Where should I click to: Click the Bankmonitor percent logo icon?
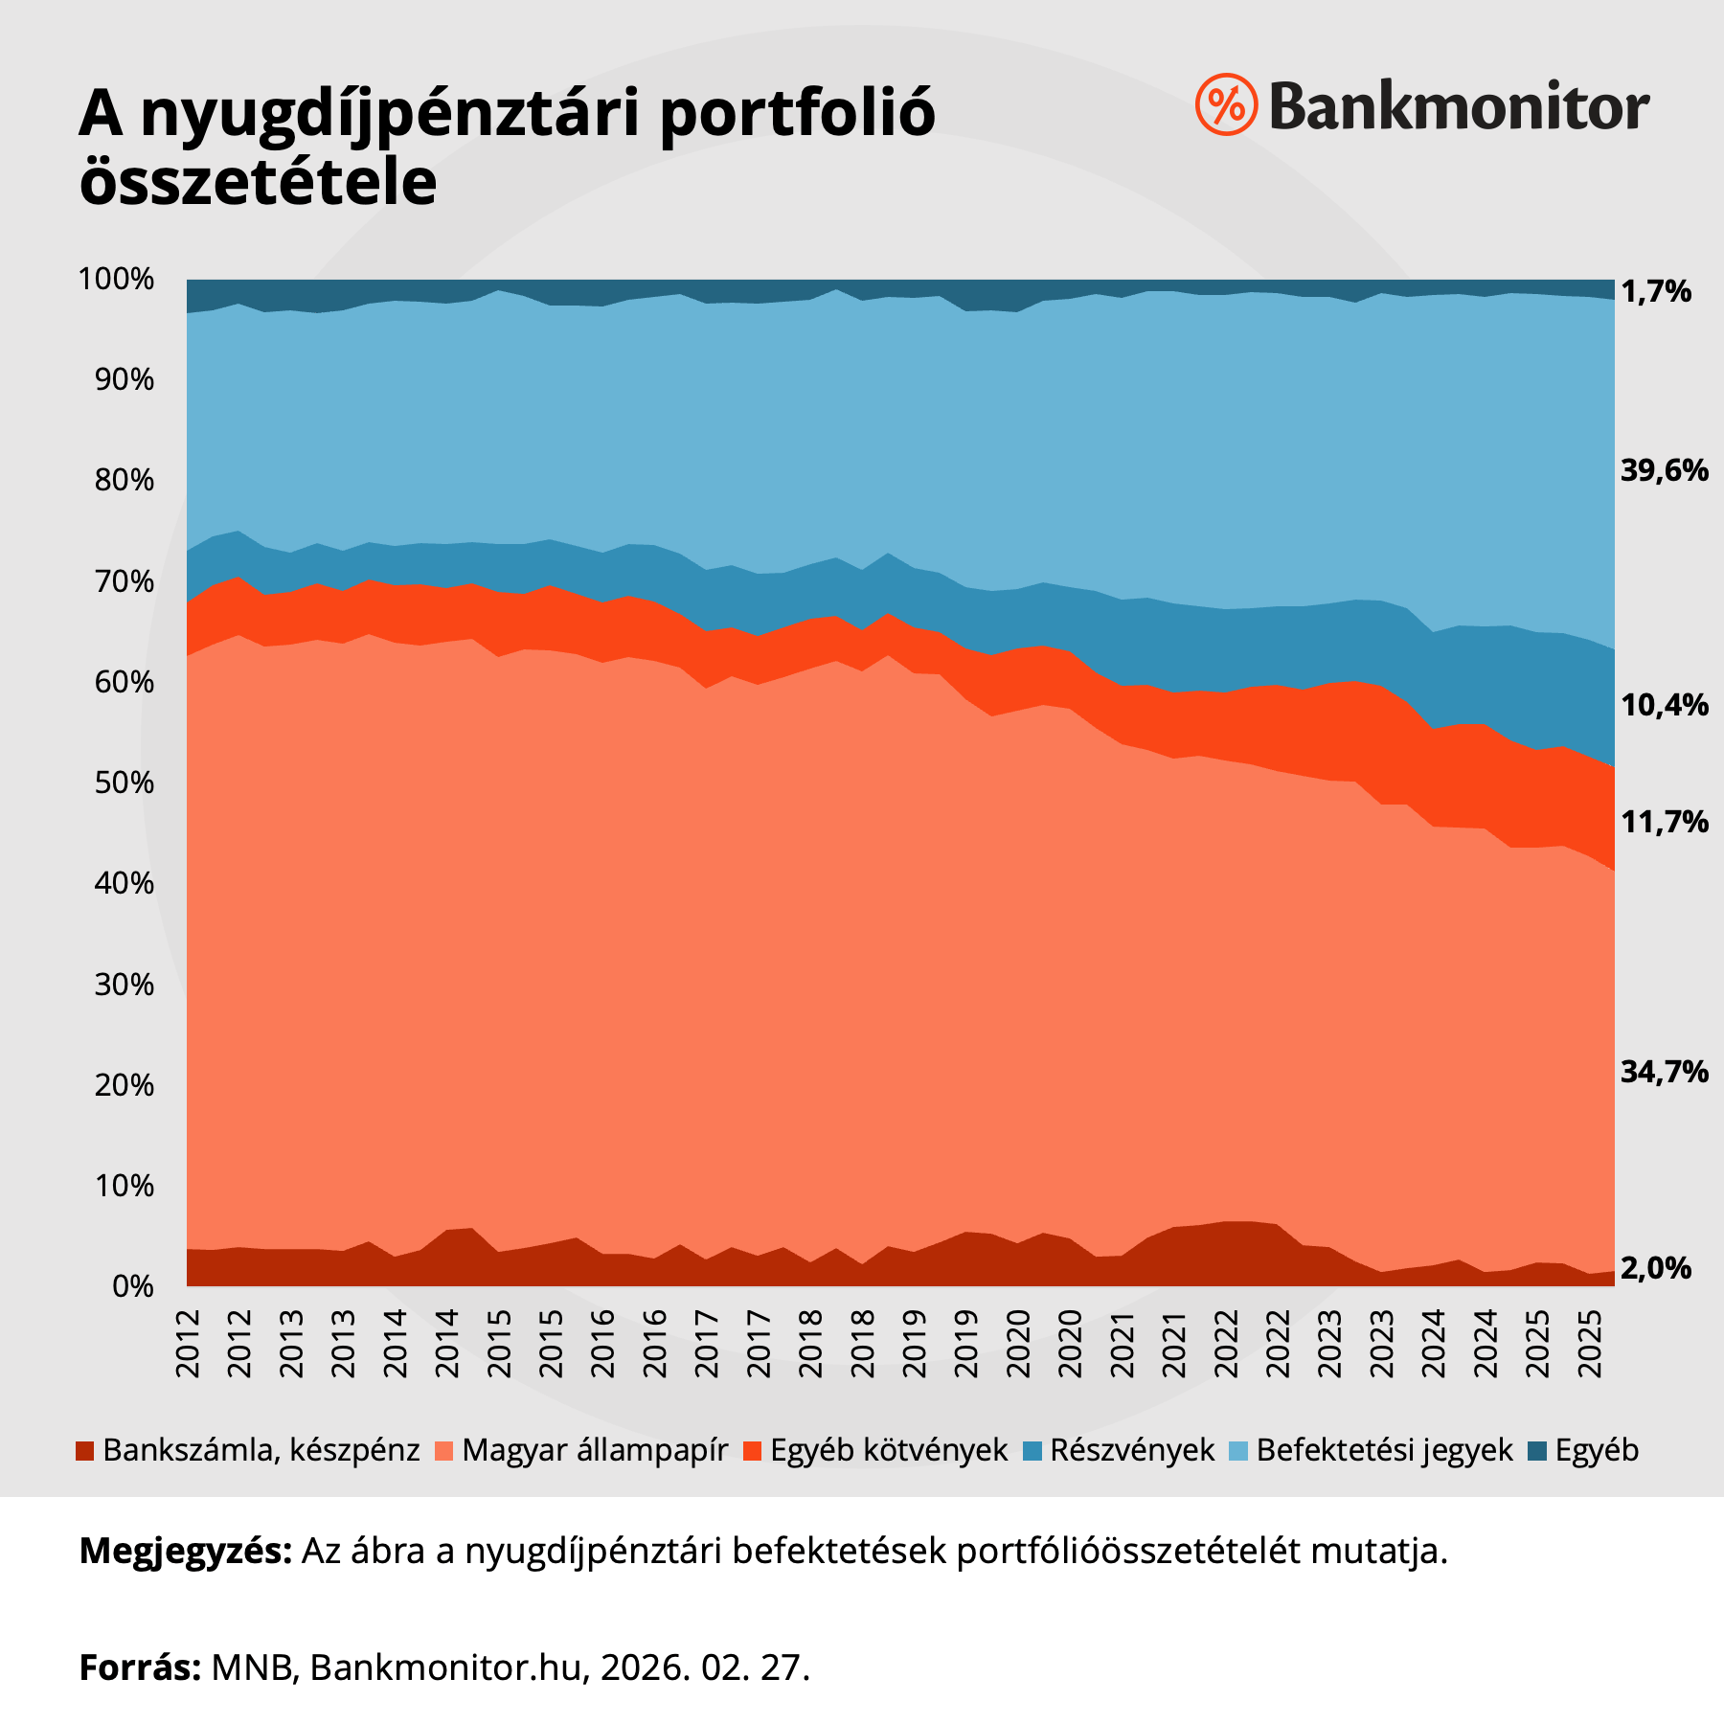pos(1226,103)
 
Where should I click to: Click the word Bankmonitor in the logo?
pos(1459,107)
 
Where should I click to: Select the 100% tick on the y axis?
pos(116,280)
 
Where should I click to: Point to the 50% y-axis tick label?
pos(124,783)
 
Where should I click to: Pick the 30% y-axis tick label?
pos(124,985)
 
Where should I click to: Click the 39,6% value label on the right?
pos(1664,470)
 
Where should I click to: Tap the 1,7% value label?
pos(1656,292)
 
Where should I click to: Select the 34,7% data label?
pos(1664,1072)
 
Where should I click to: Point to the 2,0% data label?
pos(1656,1268)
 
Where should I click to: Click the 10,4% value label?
pos(1664,706)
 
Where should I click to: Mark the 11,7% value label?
pos(1664,822)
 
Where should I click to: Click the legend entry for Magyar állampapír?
pos(594,1450)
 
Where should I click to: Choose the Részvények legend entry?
pos(1131,1450)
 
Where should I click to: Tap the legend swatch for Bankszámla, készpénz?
pos(85,1451)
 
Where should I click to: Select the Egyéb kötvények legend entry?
pos(888,1450)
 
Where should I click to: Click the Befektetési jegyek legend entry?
pos(1384,1450)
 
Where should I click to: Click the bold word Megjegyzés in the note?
pos(185,1552)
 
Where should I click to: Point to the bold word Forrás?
pos(140,1667)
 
